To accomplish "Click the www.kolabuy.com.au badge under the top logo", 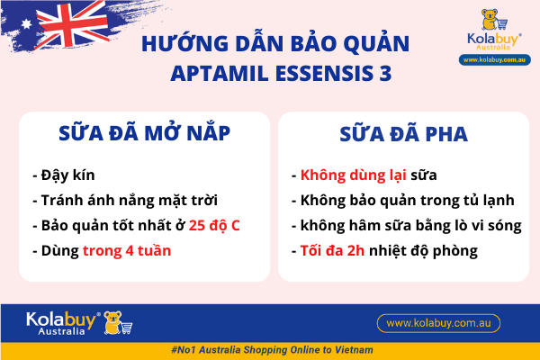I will tap(494, 59).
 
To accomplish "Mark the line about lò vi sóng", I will tap(405, 225).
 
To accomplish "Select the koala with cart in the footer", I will tap(118, 322).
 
